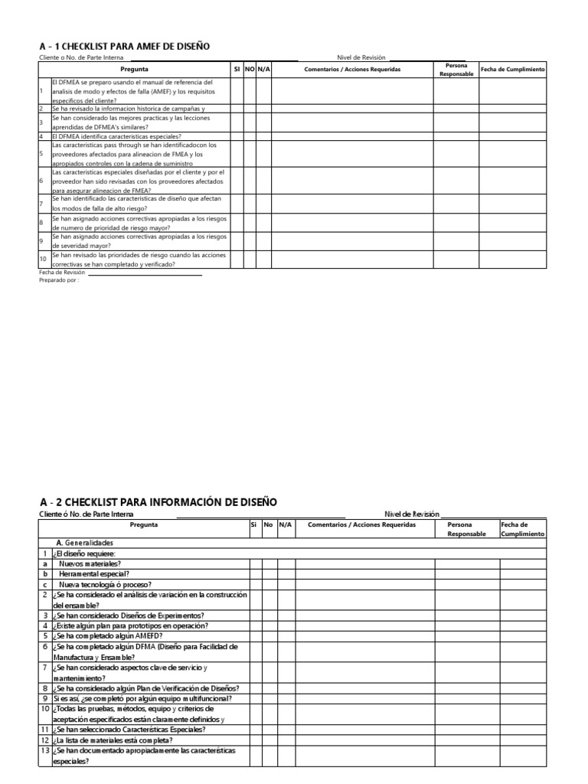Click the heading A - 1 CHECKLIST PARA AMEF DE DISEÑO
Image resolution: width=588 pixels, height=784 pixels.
(124, 47)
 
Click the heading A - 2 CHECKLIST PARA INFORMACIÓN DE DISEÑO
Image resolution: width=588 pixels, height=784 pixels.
(158, 501)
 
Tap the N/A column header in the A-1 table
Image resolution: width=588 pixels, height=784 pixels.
(263, 70)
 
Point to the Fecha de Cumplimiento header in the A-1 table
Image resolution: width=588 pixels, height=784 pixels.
(512, 70)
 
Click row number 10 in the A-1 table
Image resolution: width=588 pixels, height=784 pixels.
(44, 260)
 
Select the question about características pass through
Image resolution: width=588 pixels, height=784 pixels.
(134, 154)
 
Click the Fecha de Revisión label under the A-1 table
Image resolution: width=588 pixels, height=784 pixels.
(62, 272)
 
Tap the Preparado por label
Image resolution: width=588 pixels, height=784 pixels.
(59, 279)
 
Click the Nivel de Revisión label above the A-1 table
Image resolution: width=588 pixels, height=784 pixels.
(361, 57)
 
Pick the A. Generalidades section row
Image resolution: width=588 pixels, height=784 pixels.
(84, 542)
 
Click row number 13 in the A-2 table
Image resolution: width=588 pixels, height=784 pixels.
(44, 751)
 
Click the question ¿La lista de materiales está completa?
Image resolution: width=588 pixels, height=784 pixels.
(113, 740)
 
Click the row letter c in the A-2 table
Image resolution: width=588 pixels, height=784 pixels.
(45, 583)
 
